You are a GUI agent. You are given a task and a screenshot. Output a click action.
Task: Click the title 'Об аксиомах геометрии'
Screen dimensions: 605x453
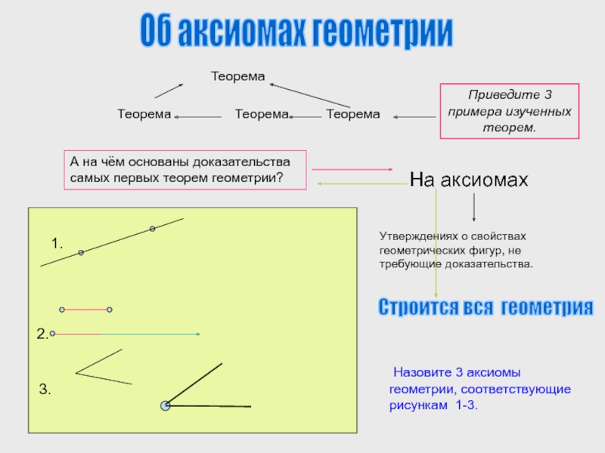[x=296, y=32]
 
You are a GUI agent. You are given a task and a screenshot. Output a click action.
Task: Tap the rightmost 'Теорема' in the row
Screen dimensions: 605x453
[x=352, y=114]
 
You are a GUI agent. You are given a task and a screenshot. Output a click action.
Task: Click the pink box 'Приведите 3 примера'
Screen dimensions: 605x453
[x=509, y=111]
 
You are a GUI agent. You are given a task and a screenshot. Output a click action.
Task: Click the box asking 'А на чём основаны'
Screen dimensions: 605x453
[x=186, y=169]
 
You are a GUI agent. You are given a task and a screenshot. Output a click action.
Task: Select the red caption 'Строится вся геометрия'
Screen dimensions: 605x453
[x=485, y=308]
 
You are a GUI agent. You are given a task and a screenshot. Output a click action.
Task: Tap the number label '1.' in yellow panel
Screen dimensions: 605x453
[x=57, y=244]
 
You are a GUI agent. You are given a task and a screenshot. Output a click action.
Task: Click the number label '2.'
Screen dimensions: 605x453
[x=43, y=334]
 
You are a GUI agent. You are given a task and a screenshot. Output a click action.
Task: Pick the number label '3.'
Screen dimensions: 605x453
[x=45, y=390]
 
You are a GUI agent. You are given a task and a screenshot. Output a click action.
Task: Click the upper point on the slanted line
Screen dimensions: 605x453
[x=152, y=228]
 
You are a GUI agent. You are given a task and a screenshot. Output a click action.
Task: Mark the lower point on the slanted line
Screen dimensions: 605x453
[x=81, y=252]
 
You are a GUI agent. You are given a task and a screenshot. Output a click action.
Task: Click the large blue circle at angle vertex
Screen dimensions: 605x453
[x=166, y=405]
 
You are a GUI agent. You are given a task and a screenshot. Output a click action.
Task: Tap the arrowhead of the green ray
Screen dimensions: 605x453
[x=197, y=334]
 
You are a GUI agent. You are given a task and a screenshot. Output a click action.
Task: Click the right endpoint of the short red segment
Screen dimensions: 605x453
[x=110, y=310]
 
